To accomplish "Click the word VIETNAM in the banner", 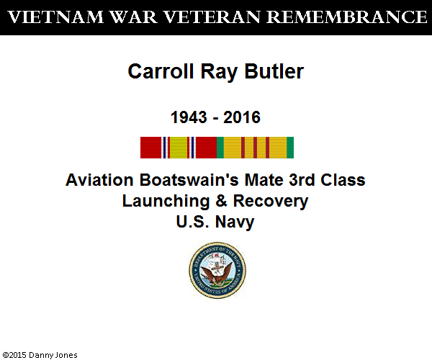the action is click(x=55, y=17).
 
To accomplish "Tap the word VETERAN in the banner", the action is click(x=212, y=17).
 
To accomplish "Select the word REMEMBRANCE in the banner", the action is click(x=347, y=17).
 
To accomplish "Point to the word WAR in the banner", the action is click(x=134, y=17).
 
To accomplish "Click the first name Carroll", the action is click(x=161, y=71).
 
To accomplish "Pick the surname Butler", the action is click(x=274, y=71).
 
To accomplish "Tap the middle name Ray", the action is click(x=219, y=72).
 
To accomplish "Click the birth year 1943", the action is click(x=189, y=117).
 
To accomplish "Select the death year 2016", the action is click(x=242, y=117).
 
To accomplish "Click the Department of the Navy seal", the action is click(x=217, y=270).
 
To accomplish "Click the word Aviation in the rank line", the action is click(x=99, y=180).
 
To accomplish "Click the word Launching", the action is click(x=166, y=202).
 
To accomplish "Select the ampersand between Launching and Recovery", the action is click(x=222, y=201).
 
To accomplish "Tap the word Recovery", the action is click(x=271, y=202).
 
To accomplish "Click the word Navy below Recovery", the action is click(x=235, y=222).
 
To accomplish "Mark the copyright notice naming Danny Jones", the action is click(x=40, y=355).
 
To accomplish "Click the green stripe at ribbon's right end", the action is click(x=290, y=148).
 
